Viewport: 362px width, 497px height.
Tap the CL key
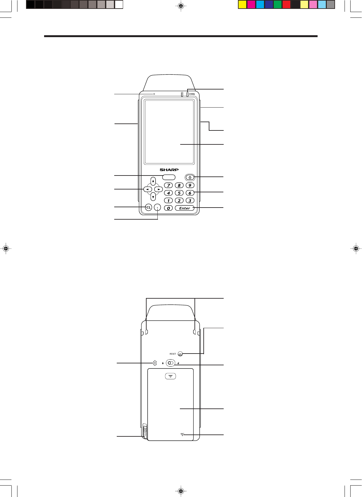tap(148, 208)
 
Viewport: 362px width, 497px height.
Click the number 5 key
tap(179, 193)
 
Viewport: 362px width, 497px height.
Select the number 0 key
tap(168, 208)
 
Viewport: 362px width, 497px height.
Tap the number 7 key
tap(168, 185)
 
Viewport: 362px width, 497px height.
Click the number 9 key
tap(190, 185)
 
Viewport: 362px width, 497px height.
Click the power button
tap(190, 177)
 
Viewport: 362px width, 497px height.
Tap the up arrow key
tap(153, 181)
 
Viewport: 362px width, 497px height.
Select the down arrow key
tap(153, 196)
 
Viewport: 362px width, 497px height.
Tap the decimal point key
tap(157, 208)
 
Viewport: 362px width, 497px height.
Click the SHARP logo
tap(169, 170)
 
